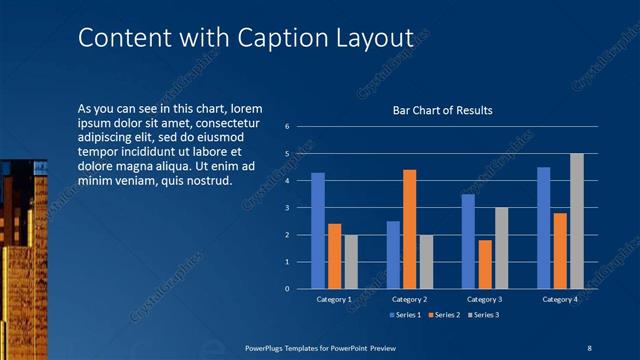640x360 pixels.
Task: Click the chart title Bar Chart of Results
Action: pos(442,110)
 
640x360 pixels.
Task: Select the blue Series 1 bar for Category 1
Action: pos(318,231)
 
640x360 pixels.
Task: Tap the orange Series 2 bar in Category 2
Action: pos(409,229)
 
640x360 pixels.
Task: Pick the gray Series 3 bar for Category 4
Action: pos(577,221)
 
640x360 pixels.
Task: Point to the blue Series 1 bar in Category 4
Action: pos(543,228)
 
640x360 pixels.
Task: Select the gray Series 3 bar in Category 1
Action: pos(350,262)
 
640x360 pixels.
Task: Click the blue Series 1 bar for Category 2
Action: pos(393,255)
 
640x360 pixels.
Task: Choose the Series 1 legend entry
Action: pos(403,315)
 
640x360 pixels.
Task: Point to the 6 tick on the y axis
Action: pos(287,127)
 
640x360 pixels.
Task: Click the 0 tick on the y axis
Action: pos(287,289)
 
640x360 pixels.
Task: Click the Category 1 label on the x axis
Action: pos(334,299)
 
